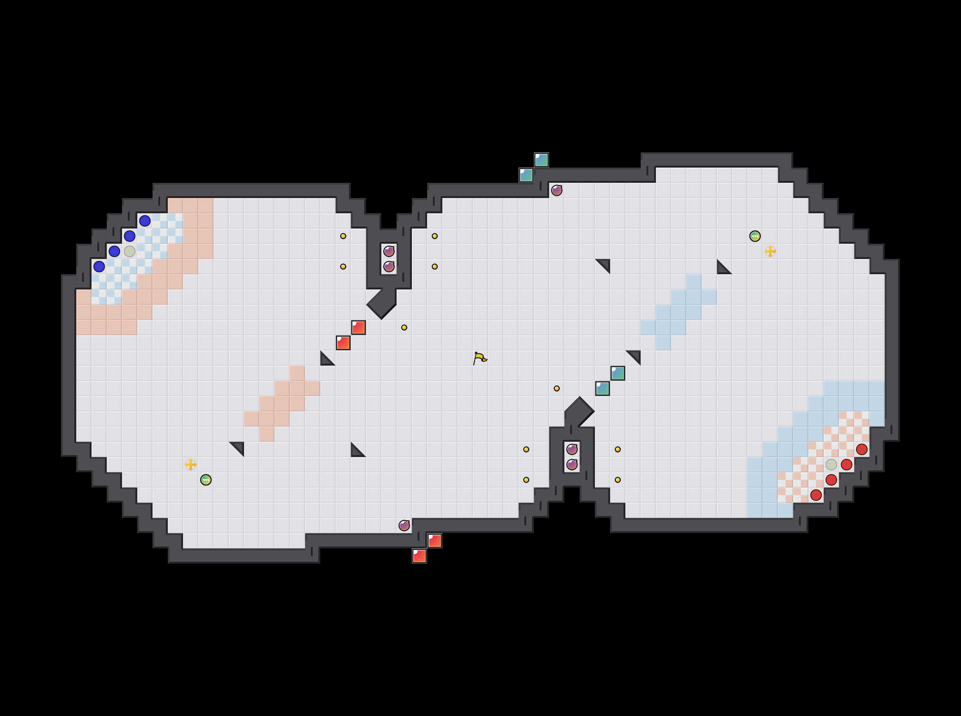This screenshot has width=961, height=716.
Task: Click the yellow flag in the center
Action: point(479,358)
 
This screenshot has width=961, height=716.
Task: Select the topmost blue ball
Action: point(145,221)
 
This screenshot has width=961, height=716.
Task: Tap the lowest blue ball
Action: point(99,267)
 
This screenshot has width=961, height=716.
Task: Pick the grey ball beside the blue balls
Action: point(129,251)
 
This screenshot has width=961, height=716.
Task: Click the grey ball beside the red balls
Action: point(831,465)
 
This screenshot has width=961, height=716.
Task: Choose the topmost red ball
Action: point(861,449)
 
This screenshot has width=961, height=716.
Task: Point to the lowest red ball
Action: point(816,495)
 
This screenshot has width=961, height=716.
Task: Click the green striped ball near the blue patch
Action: point(755,236)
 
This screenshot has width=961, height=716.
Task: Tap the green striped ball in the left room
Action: point(206,480)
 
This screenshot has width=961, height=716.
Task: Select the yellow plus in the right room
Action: point(770,251)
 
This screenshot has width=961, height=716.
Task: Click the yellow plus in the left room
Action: point(190,465)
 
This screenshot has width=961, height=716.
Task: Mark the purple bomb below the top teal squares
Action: point(557,190)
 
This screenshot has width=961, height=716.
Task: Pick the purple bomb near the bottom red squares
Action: point(404,525)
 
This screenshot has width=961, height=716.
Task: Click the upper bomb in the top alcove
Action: point(389,251)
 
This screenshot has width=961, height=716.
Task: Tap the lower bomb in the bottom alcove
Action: point(572,465)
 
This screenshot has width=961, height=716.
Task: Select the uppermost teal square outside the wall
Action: point(542,160)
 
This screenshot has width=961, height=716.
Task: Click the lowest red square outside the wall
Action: point(419,556)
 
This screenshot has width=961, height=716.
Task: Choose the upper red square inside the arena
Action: point(358,328)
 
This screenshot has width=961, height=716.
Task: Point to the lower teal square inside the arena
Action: point(602,388)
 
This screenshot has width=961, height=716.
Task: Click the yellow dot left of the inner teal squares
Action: point(557,388)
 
